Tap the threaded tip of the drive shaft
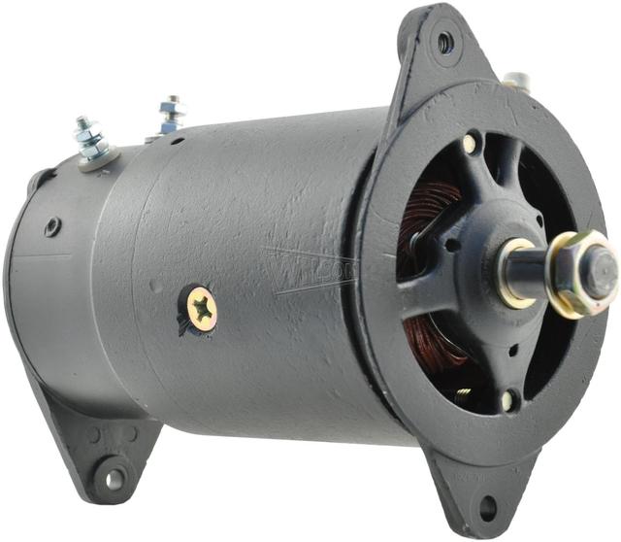[603, 262]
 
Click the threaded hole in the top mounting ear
[444, 42]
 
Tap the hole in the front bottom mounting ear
[487, 506]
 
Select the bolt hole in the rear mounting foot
[114, 478]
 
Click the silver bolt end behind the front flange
[516, 80]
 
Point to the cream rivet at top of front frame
[470, 143]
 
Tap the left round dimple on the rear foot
[94, 435]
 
